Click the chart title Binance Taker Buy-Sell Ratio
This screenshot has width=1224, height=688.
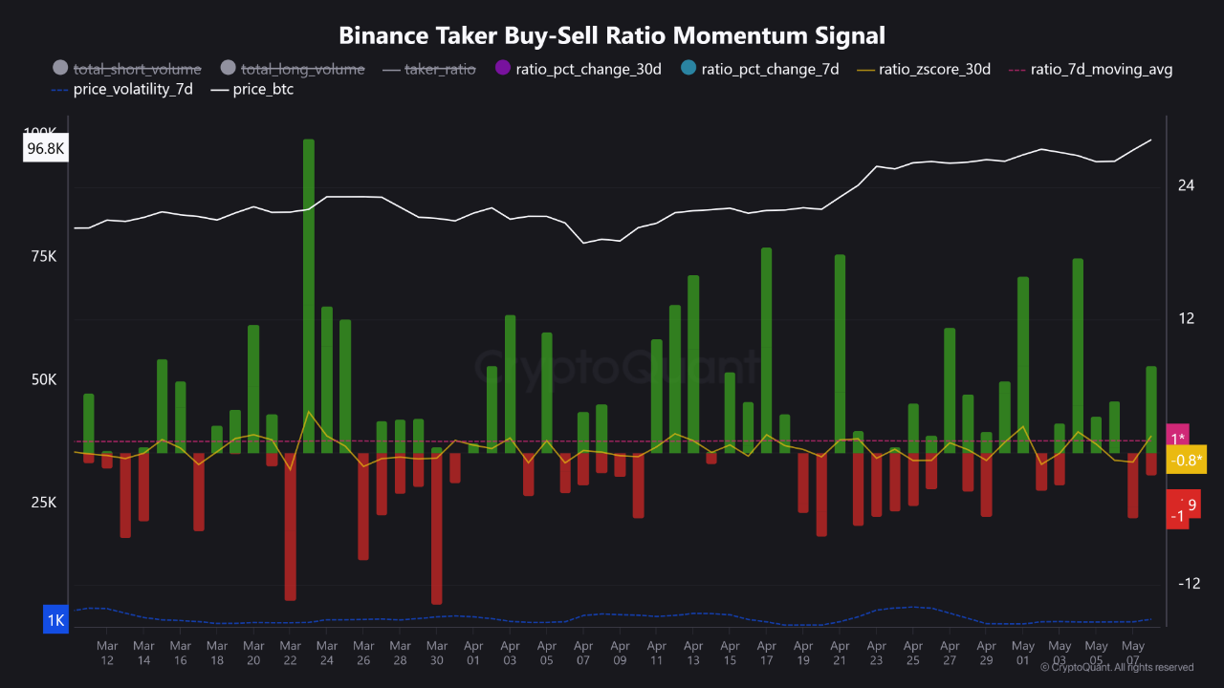[612, 35]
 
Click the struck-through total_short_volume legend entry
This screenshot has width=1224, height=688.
[137, 69]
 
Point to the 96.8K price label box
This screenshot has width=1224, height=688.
[46, 149]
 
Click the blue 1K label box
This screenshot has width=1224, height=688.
[55, 621]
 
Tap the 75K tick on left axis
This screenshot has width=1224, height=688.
[43, 257]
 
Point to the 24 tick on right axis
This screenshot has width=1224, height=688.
[1186, 185]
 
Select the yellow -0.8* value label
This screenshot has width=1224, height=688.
[1187, 461]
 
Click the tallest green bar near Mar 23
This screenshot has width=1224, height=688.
[309, 296]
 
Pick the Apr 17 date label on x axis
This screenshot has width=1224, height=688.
[766, 654]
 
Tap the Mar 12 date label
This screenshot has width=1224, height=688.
[107, 654]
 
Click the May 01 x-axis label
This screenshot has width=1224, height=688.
[1022, 654]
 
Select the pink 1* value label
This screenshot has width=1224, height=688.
[1178, 439]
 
